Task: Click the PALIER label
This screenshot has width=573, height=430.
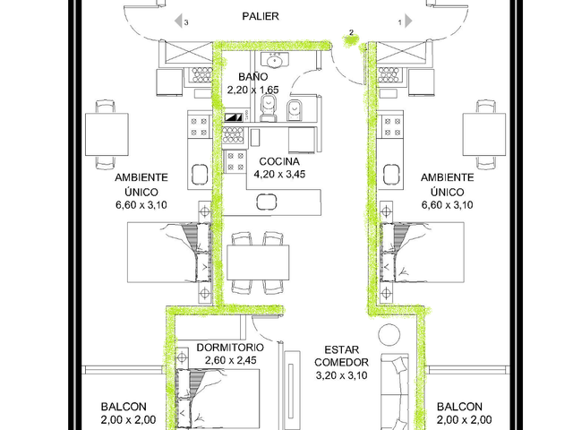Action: (261, 16)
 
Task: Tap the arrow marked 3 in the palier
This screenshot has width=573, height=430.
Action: (179, 21)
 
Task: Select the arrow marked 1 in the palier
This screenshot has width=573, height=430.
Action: (408, 21)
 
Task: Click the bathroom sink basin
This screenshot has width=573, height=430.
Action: (275, 61)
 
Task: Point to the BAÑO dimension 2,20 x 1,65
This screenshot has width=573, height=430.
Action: (252, 90)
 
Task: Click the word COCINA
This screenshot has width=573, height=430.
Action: (279, 161)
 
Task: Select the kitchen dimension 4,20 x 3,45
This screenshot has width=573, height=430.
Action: (279, 174)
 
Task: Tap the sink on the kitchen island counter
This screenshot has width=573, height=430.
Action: (267, 202)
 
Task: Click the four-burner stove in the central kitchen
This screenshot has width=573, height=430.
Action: (235, 161)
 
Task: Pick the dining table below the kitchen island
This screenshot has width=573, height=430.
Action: (258, 262)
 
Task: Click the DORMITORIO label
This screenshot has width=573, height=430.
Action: (230, 348)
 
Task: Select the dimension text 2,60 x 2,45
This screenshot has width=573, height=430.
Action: (231, 360)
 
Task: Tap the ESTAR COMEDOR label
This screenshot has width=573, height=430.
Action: (342, 357)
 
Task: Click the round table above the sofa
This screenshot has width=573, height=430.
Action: (389, 334)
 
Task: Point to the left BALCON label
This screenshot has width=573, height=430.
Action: (124, 407)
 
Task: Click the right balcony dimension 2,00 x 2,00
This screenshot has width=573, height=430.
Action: (464, 420)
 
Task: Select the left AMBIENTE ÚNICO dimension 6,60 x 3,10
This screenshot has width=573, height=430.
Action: (141, 205)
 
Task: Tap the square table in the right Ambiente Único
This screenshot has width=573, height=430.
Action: (484, 134)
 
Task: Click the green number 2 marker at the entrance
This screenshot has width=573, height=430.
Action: (351, 39)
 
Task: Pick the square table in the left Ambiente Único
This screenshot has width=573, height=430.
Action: (107, 134)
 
